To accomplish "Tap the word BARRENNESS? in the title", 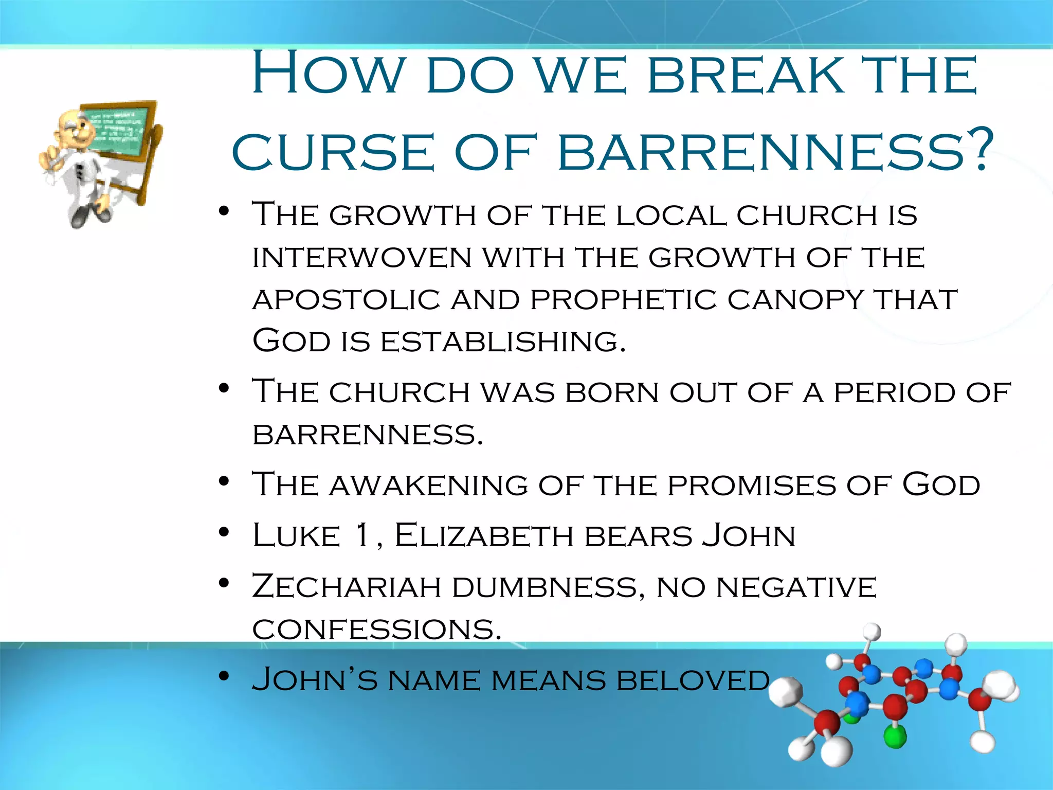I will (774, 152).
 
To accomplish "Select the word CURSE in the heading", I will (333, 152).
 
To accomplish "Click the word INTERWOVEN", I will (362, 257).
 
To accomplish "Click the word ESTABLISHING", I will (503, 342).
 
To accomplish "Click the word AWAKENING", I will (429, 486).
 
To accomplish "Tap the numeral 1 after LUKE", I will (362, 535).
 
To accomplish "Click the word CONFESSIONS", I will (376, 629).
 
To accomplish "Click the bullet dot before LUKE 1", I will (223, 532).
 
